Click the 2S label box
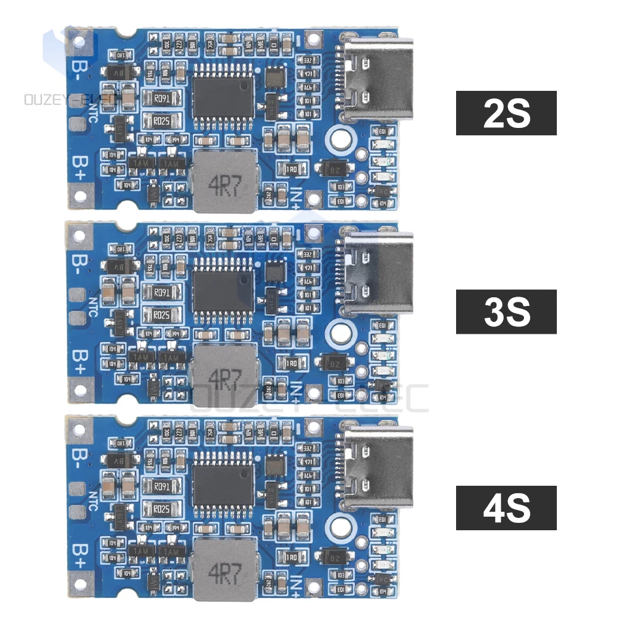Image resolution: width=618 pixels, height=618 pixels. pos(506,113)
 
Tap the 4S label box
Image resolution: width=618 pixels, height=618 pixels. pos(506,507)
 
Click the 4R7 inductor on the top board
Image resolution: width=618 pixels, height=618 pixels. pos(224,181)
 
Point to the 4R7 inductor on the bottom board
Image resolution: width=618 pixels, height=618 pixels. pos(223,569)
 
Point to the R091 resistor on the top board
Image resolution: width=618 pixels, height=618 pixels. pos(162,98)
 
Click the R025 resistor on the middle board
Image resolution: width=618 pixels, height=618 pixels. pos(162,315)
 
